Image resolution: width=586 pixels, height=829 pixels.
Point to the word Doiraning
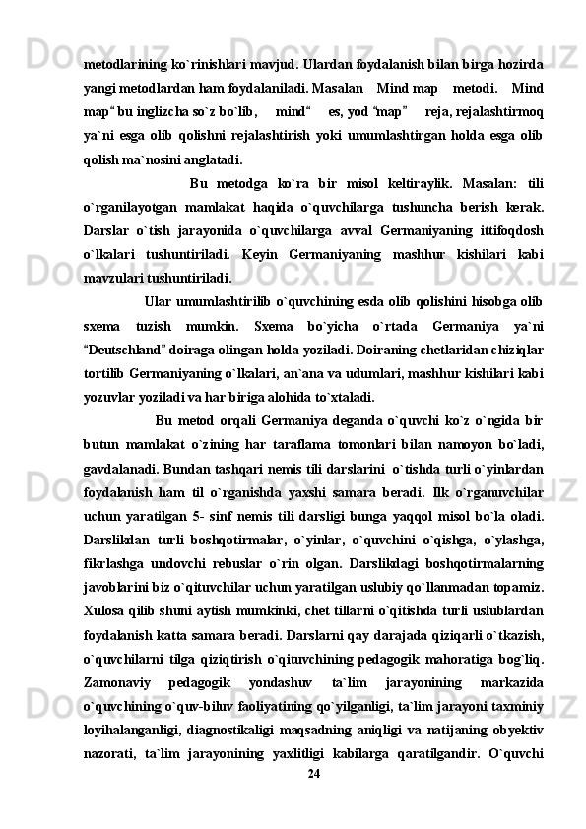pos(320,350)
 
